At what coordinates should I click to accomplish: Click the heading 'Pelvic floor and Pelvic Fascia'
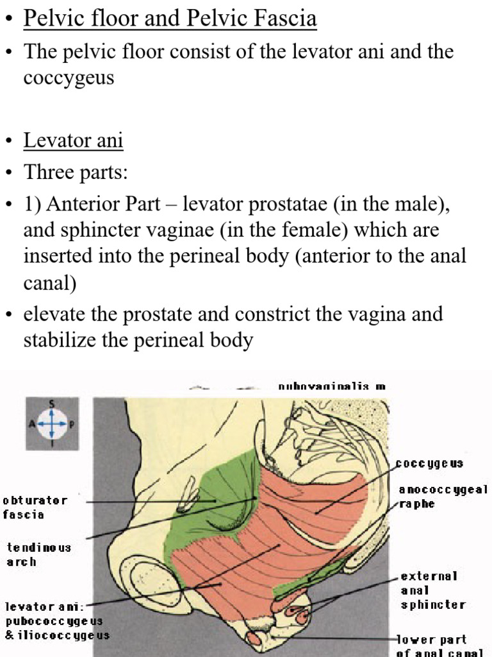click(170, 18)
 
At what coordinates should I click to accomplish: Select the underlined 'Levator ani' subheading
click(73, 140)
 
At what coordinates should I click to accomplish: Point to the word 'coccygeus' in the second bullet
click(69, 78)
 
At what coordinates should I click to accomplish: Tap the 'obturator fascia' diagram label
click(35, 507)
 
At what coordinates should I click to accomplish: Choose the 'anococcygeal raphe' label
click(443, 497)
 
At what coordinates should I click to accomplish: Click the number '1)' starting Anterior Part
click(33, 205)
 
